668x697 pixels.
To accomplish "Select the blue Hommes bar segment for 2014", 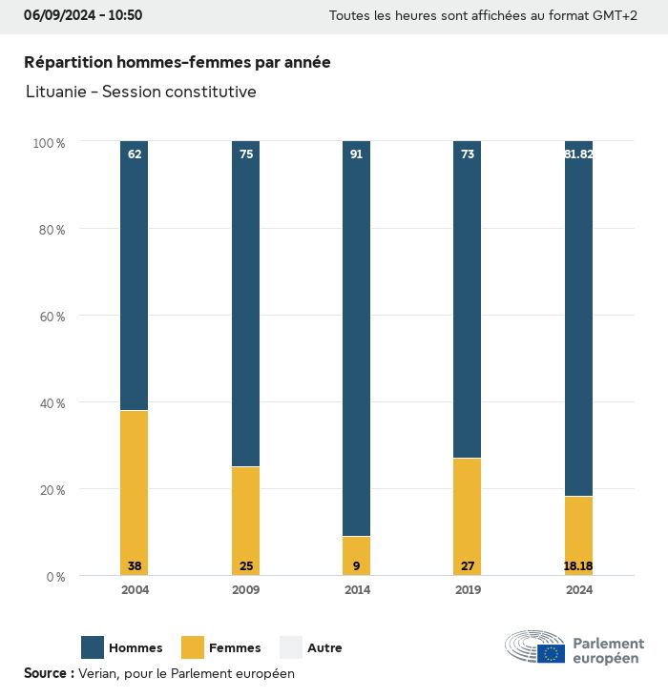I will (x=357, y=338).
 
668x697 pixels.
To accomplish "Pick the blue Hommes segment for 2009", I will (x=246, y=303).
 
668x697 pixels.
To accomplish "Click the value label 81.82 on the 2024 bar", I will (x=579, y=154).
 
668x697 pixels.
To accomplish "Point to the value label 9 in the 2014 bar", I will (x=357, y=566).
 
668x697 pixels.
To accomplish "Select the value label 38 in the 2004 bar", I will (x=135, y=566).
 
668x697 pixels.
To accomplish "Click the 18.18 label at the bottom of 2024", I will (x=578, y=566).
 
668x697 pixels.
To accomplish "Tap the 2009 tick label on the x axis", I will (x=246, y=590).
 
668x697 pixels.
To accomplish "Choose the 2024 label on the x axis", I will (x=579, y=590).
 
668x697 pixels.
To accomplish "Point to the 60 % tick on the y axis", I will (x=50, y=317).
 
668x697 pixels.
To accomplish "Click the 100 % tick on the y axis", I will (x=49, y=143).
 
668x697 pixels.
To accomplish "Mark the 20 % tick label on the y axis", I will (x=50, y=490).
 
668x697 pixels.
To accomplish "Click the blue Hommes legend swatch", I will (x=93, y=647).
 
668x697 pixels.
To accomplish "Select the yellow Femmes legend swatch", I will (x=193, y=647).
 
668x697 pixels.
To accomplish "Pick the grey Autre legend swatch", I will (x=291, y=647).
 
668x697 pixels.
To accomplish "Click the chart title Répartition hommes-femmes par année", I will (x=177, y=62).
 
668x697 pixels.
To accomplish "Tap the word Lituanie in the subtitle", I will (x=56, y=92).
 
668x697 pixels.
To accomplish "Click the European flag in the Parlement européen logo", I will (x=551, y=653).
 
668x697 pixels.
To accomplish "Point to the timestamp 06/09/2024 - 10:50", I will (x=83, y=15).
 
